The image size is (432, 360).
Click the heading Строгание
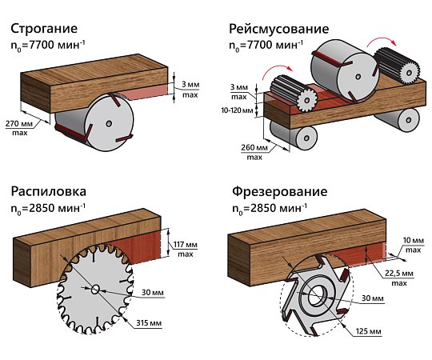click(44, 29)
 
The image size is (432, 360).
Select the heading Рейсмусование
click(279, 29)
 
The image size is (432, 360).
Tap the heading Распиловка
click(49, 191)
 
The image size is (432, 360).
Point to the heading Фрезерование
click(280, 191)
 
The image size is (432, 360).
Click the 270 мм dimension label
click(19, 123)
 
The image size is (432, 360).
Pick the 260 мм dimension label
click(254, 148)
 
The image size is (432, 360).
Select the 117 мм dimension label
click(185, 245)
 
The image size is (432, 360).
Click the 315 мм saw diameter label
click(149, 323)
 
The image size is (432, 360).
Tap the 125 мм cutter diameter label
click(368, 331)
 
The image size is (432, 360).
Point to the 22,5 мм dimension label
click(399, 274)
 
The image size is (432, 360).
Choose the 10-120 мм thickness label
click(238, 110)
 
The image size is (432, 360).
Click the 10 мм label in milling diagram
click(414, 241)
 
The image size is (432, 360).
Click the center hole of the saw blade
click(95, 290)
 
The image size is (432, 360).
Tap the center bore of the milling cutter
click(317, 295)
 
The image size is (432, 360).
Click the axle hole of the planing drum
click(109, 124)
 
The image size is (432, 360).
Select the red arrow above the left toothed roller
click(276, 70)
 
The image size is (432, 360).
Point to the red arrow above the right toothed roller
click(382, 41)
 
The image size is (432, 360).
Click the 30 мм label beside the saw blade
click(153, 293)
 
